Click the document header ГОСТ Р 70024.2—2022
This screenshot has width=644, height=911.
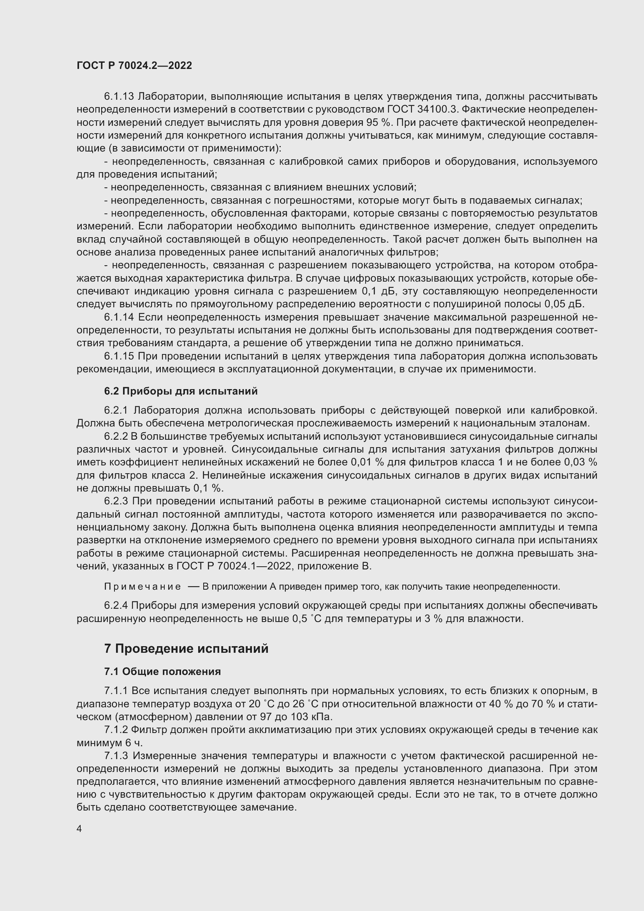pos(134,65)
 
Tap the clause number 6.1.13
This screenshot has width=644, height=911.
pos(119,97)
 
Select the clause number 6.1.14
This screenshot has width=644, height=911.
pos(119,317)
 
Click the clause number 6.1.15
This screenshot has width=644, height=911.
pos(119,356)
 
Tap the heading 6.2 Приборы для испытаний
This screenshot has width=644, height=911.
pos(181,391)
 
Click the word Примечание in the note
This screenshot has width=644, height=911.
pos(143,587)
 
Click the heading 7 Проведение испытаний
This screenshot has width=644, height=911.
pos(187,649)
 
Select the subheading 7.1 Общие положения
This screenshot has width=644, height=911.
pos(163,672)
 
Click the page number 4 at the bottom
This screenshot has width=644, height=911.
pos(79,829)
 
